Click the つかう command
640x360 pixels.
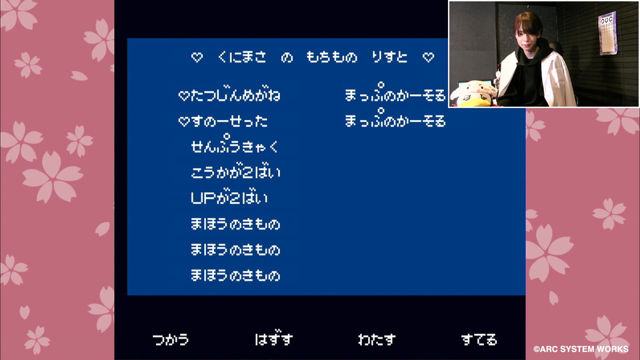[171, 339]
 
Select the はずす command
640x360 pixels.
[274, 339]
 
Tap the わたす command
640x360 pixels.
[377, 339]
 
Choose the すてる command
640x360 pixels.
[479, 339]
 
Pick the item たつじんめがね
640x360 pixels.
[235, 95]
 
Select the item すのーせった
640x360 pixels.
[229, 121]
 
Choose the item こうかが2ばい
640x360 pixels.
[235, 172]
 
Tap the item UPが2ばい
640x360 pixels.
[229, 198]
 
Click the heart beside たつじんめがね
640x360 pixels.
[184, 96]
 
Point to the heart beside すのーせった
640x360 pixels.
[184, 121]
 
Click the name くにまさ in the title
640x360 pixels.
[242, 57]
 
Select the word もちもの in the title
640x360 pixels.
[332, 57]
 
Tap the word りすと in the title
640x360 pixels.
[389, 57]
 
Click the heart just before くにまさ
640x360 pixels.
[197, 57]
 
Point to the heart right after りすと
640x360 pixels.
[428, 57]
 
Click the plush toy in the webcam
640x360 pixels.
[474, 94]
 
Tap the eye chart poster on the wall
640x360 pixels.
[607, 33]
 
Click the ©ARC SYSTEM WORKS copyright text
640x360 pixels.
[581, 349]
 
